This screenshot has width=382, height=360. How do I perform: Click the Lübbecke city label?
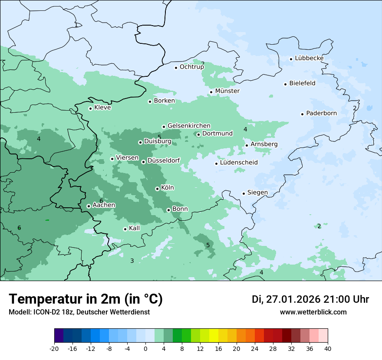[309, 59]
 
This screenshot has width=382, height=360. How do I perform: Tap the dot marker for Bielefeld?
[286, 84]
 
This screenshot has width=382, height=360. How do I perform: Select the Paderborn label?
[321, 113]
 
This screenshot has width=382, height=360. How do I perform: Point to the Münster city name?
[227, 91]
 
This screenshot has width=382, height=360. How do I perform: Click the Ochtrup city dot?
[176, 68]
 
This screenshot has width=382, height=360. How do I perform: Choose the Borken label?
[164, 101]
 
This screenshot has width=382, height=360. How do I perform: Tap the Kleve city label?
[102, 108]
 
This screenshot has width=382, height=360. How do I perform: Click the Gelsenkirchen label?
[189, 126]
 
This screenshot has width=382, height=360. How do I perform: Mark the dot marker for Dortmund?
[198, 134]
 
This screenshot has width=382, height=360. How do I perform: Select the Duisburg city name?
[158, 141]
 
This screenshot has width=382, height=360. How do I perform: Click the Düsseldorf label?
[163, 161]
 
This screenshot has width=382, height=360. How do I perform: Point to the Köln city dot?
[157, 189]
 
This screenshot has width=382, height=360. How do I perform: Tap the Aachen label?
[104, 205]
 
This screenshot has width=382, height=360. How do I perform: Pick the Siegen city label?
[257, 193]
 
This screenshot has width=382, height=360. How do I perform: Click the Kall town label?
[135, 228]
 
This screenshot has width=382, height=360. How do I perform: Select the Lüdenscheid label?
[239, 163]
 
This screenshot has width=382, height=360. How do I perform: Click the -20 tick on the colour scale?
[54, 348]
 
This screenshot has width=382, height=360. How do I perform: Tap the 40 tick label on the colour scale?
[328, 348]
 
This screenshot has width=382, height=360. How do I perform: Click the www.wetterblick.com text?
[313, 312]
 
